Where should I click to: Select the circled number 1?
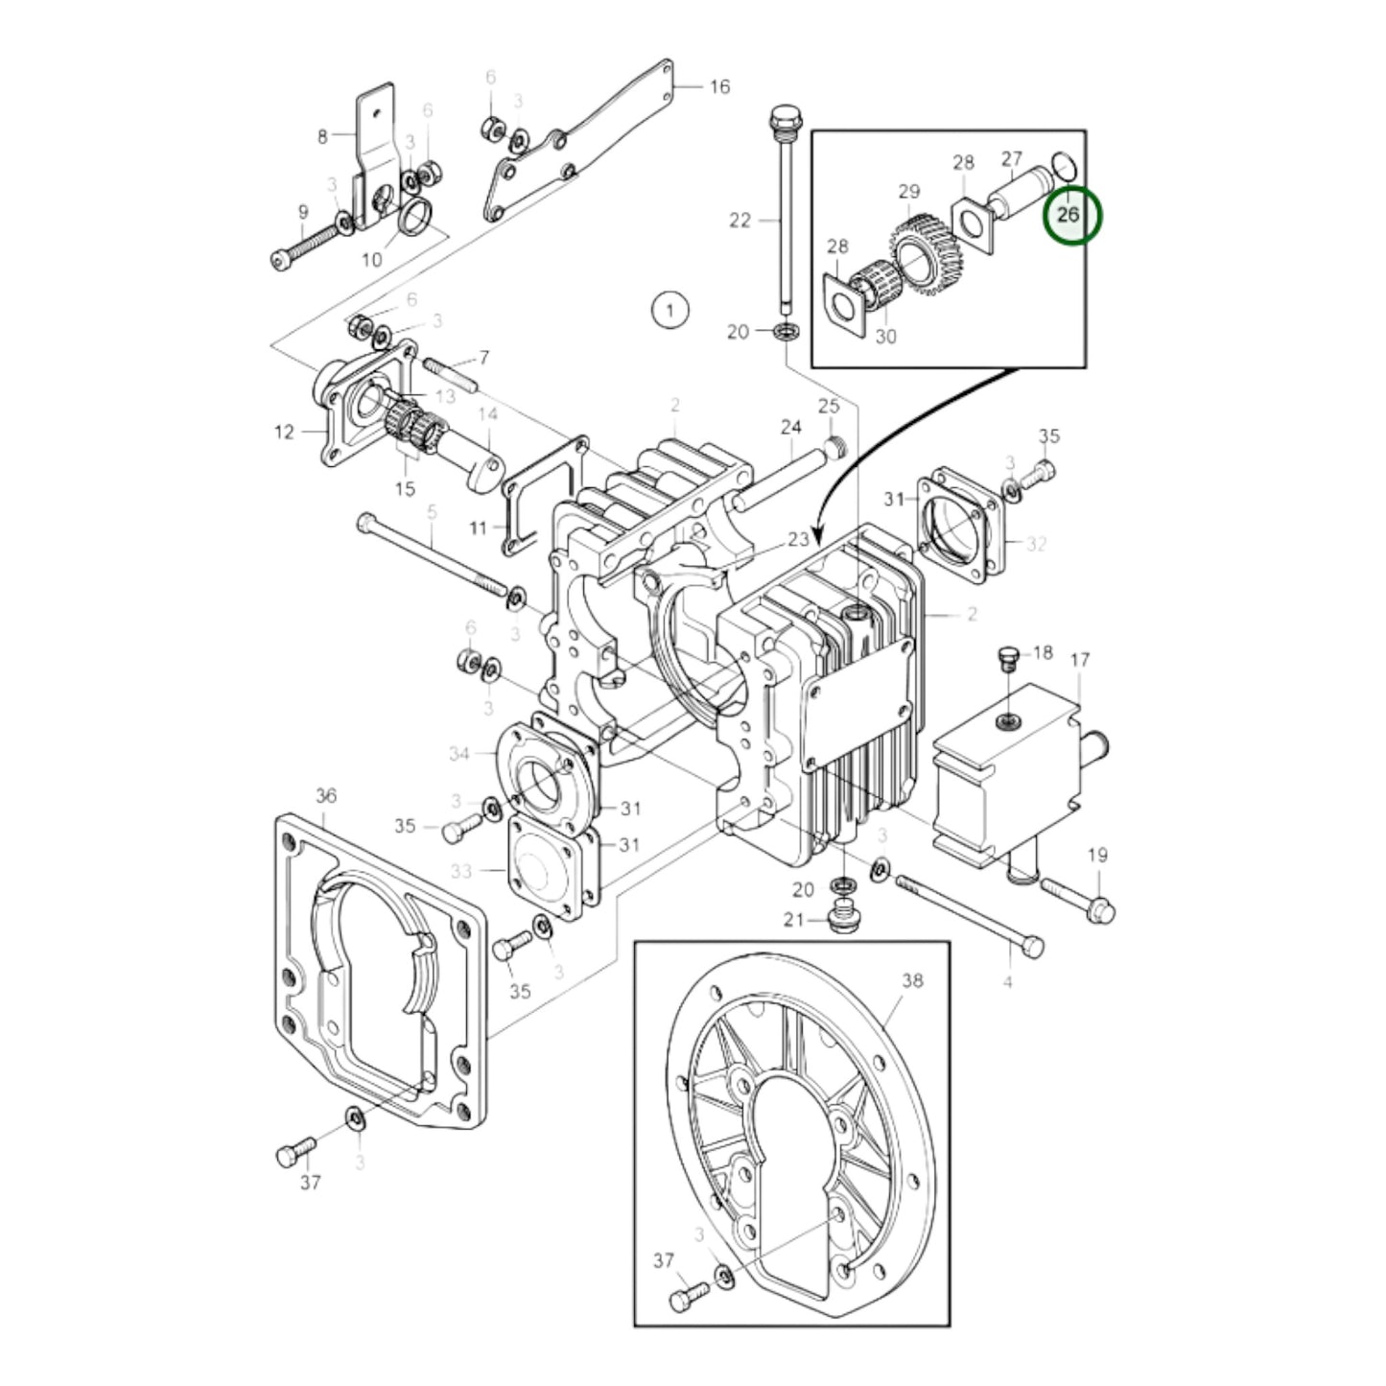pos(670,310)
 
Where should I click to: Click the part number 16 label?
pos(719,87)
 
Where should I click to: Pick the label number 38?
pos(911,980)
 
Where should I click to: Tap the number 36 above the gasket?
pos(325,796)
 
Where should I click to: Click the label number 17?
pos(1080,660)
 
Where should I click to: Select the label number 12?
pos(284,433)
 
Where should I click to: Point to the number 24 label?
pos(790,427)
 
